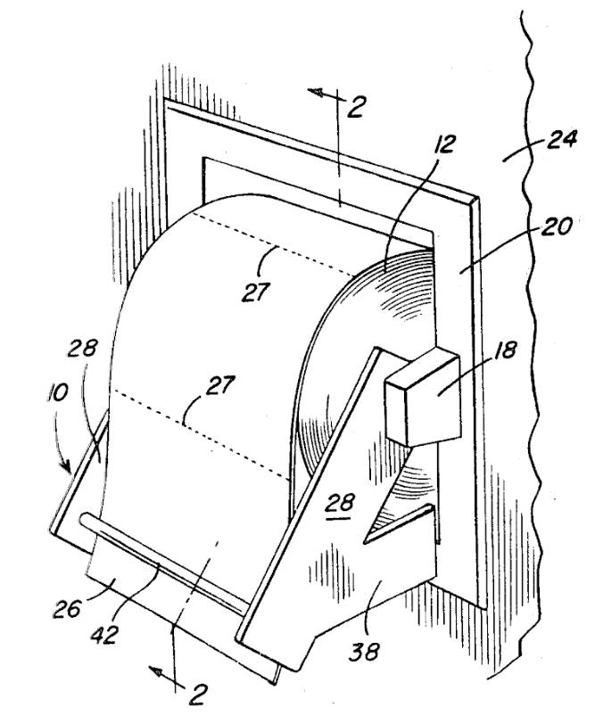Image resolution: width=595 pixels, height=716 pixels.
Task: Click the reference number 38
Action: [x=368, y=652]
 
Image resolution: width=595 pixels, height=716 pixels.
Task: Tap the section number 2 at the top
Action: [x=357, y=108]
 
